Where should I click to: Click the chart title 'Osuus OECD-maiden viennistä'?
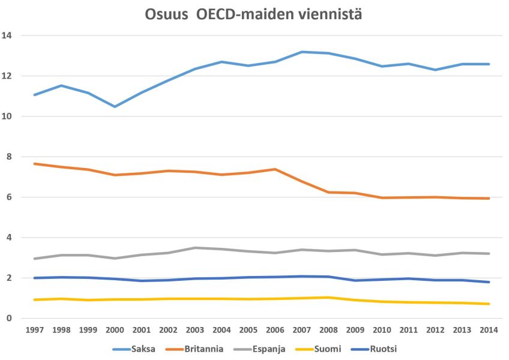pos(253,14)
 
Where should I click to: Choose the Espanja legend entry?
pos(269,349)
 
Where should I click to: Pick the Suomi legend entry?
pos(330,349)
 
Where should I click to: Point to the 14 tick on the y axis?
pos(8,35)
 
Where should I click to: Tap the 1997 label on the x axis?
pos(35,330)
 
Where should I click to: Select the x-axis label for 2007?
pos(302,330)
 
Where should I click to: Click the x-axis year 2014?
pos(489,330)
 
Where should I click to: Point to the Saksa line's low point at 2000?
pos(115,106)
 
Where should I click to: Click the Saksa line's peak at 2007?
pos(302,52)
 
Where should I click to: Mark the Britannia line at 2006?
pos(276,169)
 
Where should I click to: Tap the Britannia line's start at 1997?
pos(35,164)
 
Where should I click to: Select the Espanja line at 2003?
pos(195,248)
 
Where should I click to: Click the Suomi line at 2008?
pos(329,298)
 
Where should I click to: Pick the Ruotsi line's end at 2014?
pos(489,282)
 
